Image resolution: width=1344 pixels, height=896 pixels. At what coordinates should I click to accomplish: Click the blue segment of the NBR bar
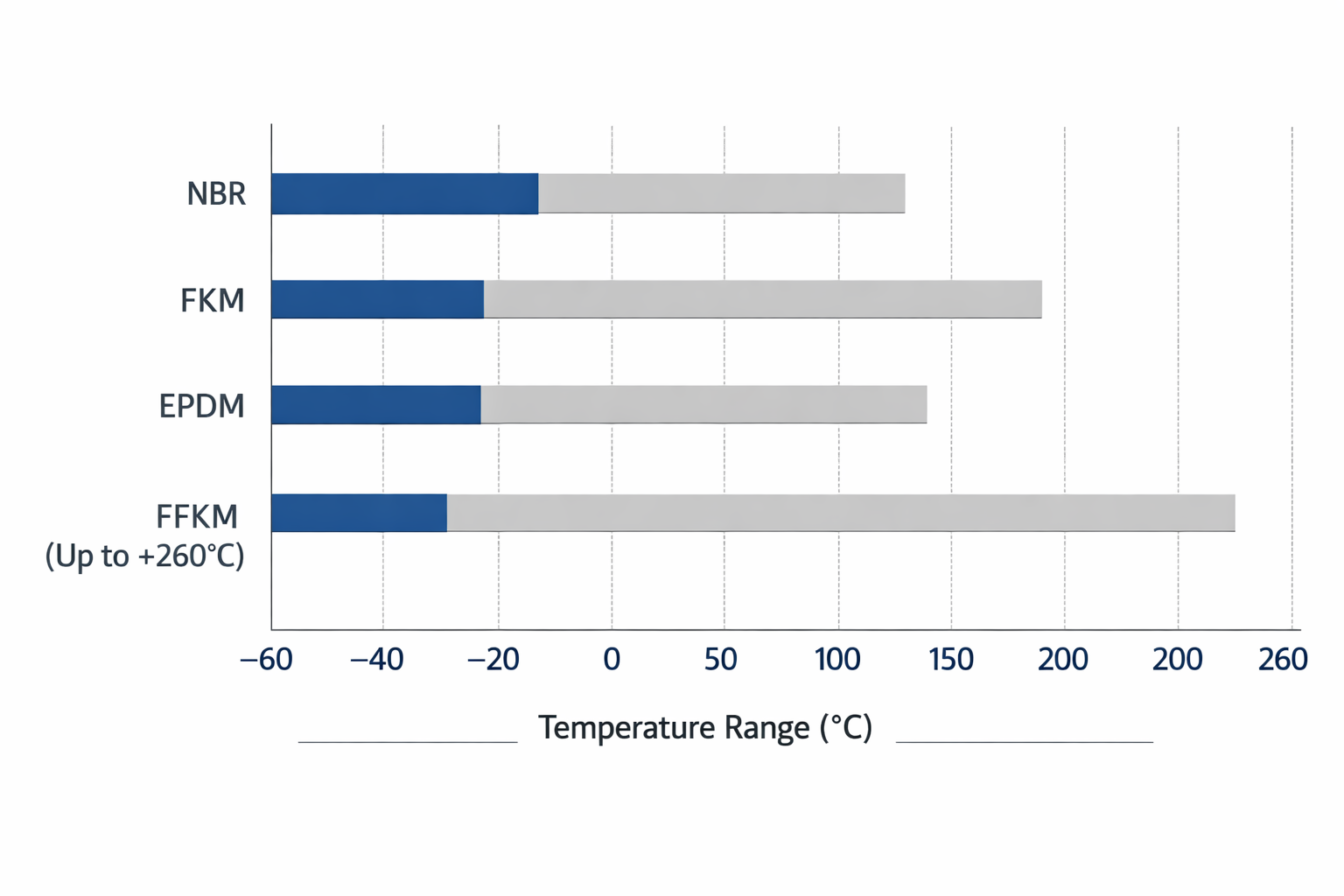point(404,193)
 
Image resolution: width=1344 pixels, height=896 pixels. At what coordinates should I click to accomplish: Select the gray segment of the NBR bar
point(721,193)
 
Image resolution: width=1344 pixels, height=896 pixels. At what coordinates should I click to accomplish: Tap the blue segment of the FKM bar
point(377,299)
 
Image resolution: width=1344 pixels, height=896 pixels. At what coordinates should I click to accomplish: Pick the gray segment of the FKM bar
point(762,299)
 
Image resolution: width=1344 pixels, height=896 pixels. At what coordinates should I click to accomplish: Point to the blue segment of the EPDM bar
point(375,405)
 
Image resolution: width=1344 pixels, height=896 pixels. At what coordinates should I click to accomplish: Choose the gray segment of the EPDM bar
point(703,405)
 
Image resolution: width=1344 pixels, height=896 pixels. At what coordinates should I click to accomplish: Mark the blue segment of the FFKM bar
point(359,513)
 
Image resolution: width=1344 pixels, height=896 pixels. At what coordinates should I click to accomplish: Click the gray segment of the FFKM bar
point(840,513)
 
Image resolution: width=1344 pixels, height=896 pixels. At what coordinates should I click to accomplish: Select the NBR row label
point(216,193)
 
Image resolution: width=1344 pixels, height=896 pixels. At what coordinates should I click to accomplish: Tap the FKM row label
point(212,301)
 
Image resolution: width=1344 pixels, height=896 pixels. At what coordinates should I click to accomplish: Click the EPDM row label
point(201,407)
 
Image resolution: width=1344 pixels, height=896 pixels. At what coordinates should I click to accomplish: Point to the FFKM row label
point(197,516)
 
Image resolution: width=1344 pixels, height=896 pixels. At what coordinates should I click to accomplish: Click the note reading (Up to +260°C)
point(144,556)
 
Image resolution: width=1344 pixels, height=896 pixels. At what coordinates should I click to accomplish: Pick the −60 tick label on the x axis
point(266,660)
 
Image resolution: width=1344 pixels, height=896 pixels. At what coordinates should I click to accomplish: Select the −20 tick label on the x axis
point(493,660)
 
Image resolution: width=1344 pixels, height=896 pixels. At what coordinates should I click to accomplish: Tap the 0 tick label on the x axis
point(612,660)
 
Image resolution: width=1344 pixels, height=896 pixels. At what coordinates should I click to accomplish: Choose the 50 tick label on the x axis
point(721,660)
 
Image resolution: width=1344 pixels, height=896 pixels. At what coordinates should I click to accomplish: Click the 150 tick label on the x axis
point(951,660)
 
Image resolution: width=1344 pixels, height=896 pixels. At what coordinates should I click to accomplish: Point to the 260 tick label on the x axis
point(1283,660)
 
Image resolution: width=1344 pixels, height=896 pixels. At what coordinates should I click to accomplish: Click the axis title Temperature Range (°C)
point(705,728)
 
